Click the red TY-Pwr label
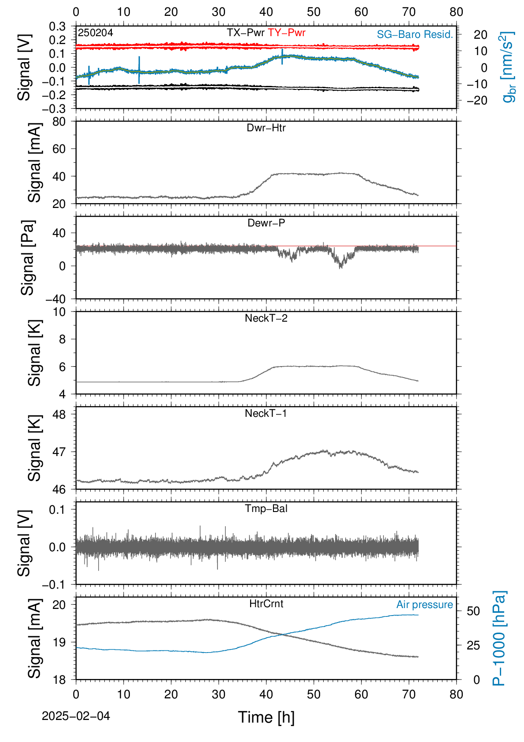coord(286,33)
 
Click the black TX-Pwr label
coord(246,33)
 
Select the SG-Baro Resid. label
coord(415,34)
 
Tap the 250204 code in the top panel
coord(96,33)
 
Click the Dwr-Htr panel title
coord(266,128)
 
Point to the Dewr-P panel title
coord(266,223)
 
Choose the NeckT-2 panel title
coord(266,318)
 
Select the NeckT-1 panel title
coord(266,413)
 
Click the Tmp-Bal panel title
coord(266,508)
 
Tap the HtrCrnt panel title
coord(266,604)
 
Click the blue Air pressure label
coord(424,605)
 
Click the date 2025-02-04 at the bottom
coord(76,716)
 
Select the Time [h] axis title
coord(266,717)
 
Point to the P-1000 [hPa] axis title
coord(499,638)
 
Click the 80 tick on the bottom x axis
coord(456,694)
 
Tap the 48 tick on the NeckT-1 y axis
coord(59,414)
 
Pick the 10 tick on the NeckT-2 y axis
coord(59,312)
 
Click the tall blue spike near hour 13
coord(139,70)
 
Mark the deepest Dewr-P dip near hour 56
coord(340,267)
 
